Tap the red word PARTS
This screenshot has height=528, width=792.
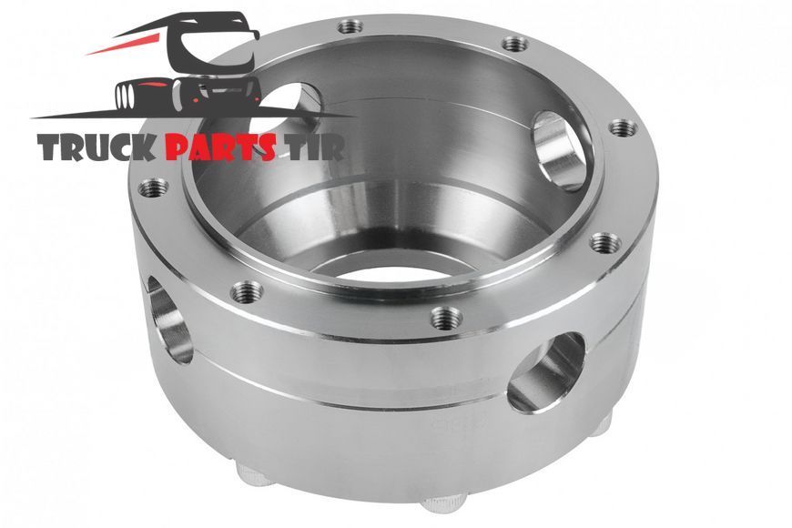click(x=220, y=147)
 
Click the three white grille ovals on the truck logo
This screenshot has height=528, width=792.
click(x=124, y=96)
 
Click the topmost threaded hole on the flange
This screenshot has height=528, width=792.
click(x=350, y=26)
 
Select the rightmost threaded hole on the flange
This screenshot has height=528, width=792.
click(x=623, y=127)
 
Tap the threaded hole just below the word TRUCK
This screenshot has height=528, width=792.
click(x=153, y=188)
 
